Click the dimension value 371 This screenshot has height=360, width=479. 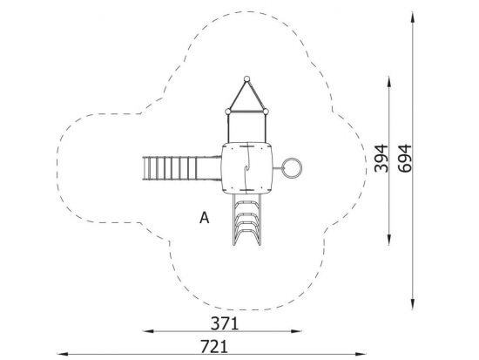click(224, 323)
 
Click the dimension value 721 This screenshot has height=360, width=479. click(214, 347)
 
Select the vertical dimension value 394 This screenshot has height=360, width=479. click(381, 159)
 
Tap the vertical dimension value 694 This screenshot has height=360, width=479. click(405, 159)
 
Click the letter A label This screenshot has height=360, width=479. click(205, 218)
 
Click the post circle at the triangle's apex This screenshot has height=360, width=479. click(246, 79)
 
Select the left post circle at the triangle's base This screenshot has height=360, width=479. click(228, 112)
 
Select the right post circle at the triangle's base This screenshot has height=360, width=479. click(266, 112)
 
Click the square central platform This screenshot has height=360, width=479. click(246, 168)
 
